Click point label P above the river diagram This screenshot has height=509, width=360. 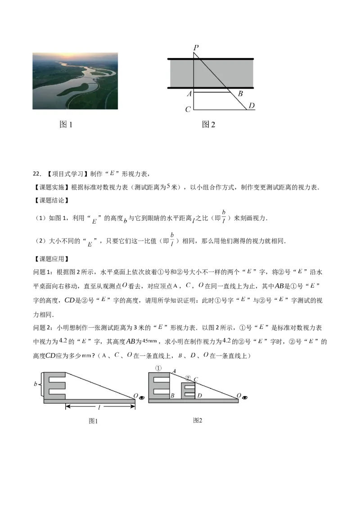196,47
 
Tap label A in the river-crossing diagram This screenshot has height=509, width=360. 189,94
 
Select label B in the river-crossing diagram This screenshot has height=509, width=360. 240,94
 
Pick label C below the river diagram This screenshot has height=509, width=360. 188,109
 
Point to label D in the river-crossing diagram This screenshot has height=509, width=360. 252,106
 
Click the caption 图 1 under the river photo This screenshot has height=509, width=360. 66,125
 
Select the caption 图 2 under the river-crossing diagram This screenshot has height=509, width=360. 208,125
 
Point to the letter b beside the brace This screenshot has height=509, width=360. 36,384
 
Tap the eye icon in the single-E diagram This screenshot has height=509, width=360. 142,397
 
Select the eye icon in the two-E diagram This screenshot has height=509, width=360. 245,397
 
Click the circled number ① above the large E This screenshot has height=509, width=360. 158,368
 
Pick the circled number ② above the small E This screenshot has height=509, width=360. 188,378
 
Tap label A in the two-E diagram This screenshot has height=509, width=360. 173,371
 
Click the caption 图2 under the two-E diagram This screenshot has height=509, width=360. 198,420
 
